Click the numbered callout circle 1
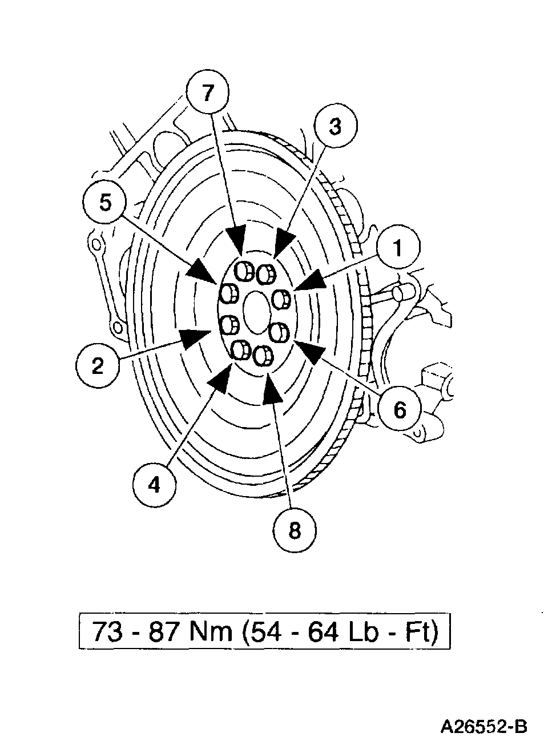click(x=398, y=248)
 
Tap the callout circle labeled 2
click(x=98, y=365)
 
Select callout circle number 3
click(x=335, y=127)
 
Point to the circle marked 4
click(x=154, y=485)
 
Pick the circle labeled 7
click(x=208, y=93)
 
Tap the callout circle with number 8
click(x=294, y=530)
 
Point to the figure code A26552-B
click(x=483, y=726)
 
